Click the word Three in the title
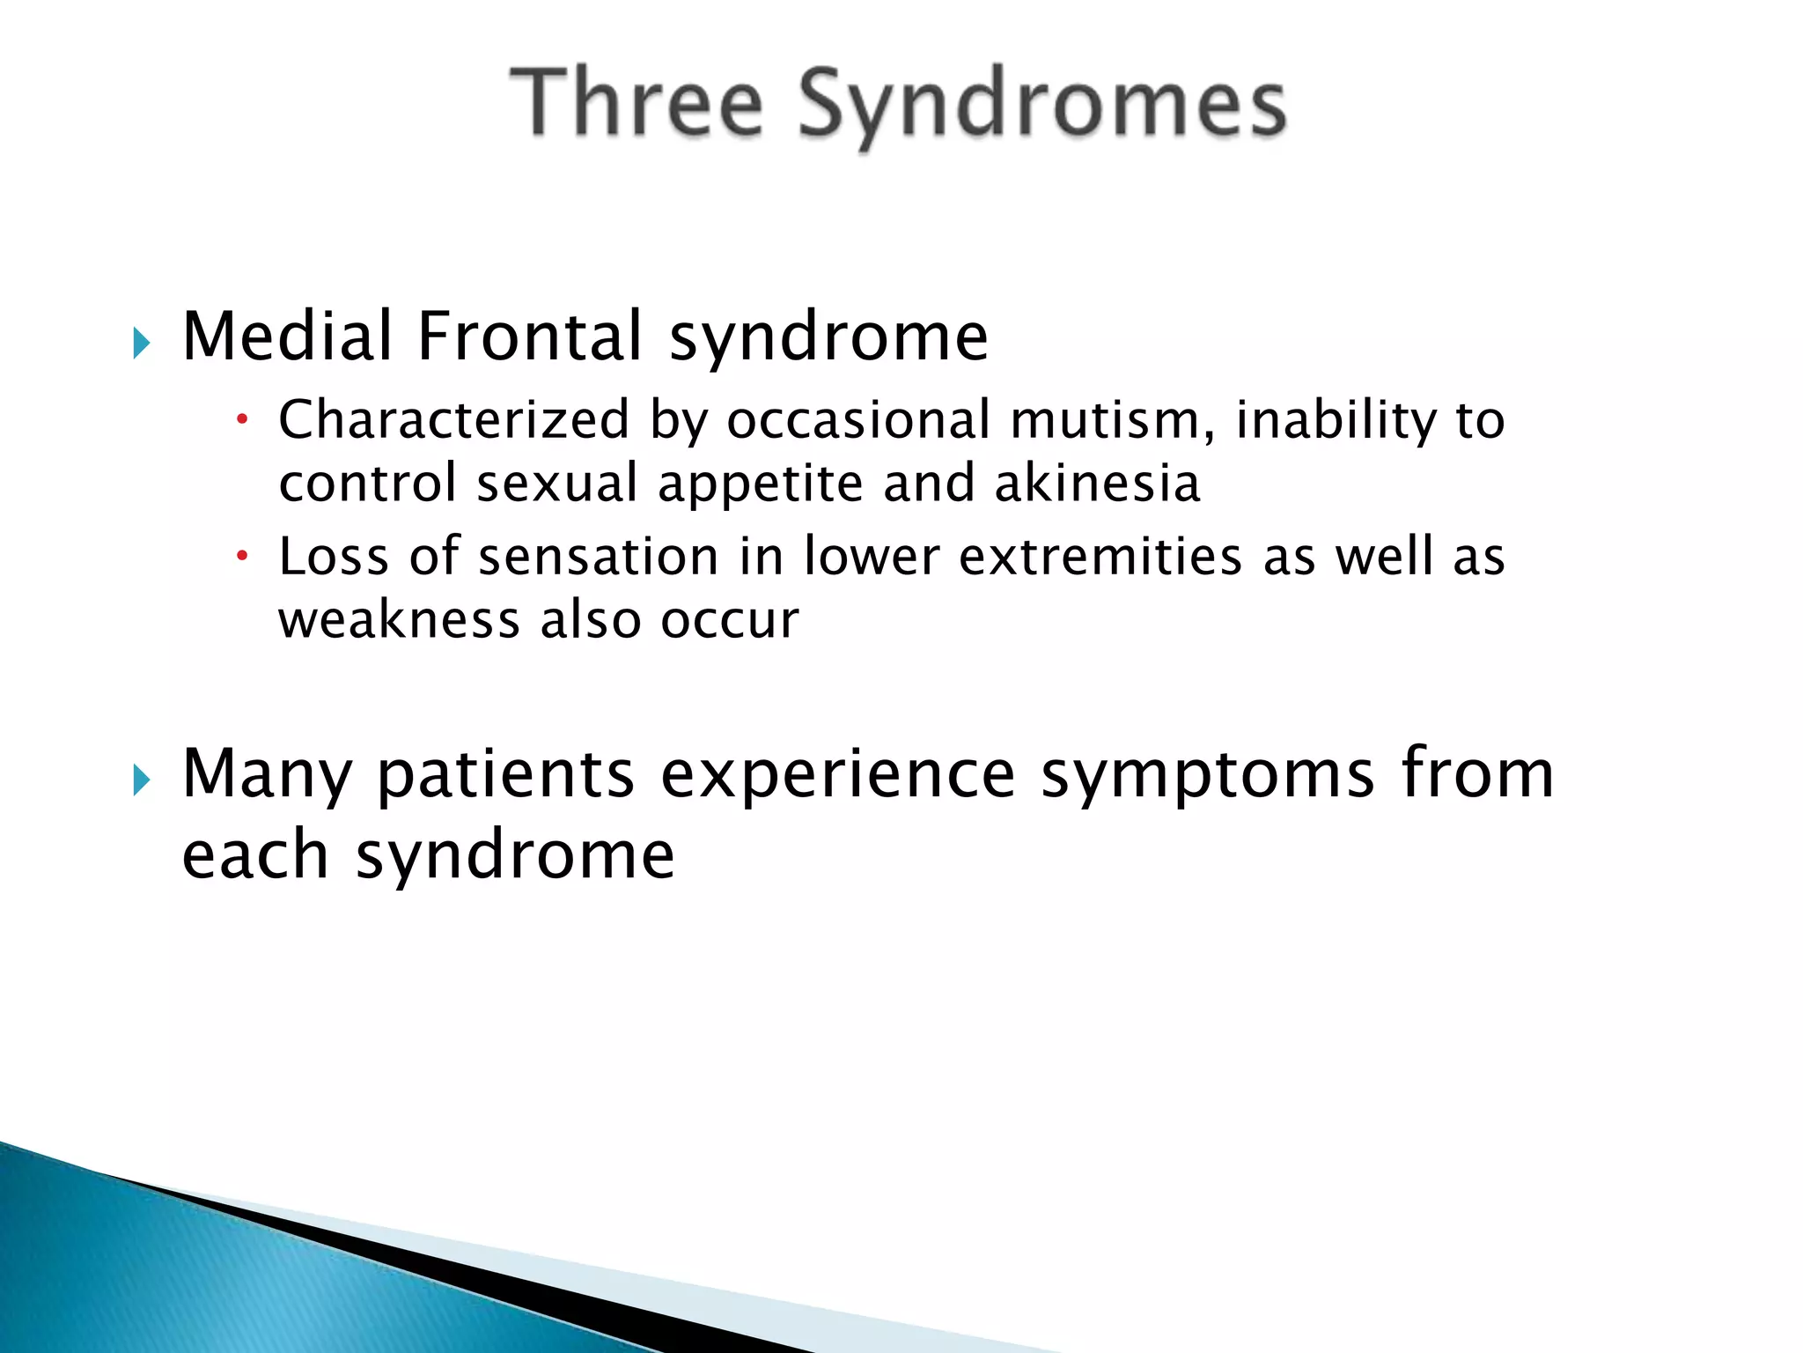pyautogui.click(x=636, y=104)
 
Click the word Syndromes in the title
pyautogui.click(x=1042, y=106)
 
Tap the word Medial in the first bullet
pyautogui.click(x=287, y=336)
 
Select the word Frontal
pyautogui.click(x=530, y=336)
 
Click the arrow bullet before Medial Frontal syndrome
pyautogui.click(x=142, y=342)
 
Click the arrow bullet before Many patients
pyautogui.click(x=142, y=780)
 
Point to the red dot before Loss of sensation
pyautogui.click(x=243, y=557)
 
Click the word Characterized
pyautogui.click(x=454, y=419)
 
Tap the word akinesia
pyautogui.click(x=1097, y=484)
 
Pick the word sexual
pyautogui.click(x=557, y=484)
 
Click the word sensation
pyautogui.click(x=599, y=558)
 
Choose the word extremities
pyautogui.click(x=1100, y=558)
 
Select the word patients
pyautogui.click(x=505, y=775)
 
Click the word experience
pyautogui.click(x=837, y=775)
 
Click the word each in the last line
pyautogui.click(x=255, y=854)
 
